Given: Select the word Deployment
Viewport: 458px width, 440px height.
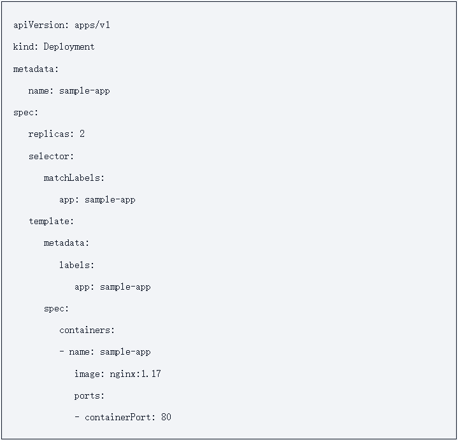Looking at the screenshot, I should pos(69,47).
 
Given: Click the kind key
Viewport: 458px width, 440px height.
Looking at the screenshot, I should pos(24,47).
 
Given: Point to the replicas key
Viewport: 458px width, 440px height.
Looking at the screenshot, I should pos(50,134).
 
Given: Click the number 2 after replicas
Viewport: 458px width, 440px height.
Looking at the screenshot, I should pos(82,134).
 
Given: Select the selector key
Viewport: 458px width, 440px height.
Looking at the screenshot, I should pos(50,156).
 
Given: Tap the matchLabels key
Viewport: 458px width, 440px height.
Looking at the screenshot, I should pos(73,178).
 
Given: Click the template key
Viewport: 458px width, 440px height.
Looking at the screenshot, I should pos(50,222).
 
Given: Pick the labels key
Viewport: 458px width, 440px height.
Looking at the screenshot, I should pos(75,265).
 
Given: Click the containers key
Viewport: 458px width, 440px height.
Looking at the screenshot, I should pos(85,330).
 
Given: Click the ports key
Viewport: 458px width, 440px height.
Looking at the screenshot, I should pos(88,395).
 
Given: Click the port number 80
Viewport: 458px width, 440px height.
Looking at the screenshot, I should pos(166,418).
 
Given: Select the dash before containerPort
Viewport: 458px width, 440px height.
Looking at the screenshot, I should pos(77,418).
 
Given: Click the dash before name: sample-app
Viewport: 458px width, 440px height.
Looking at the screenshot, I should pos(62,352).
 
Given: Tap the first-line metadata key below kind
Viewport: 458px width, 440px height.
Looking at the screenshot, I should pos(34,69).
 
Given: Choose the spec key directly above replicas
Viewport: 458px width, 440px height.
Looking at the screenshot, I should pos(24,113).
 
